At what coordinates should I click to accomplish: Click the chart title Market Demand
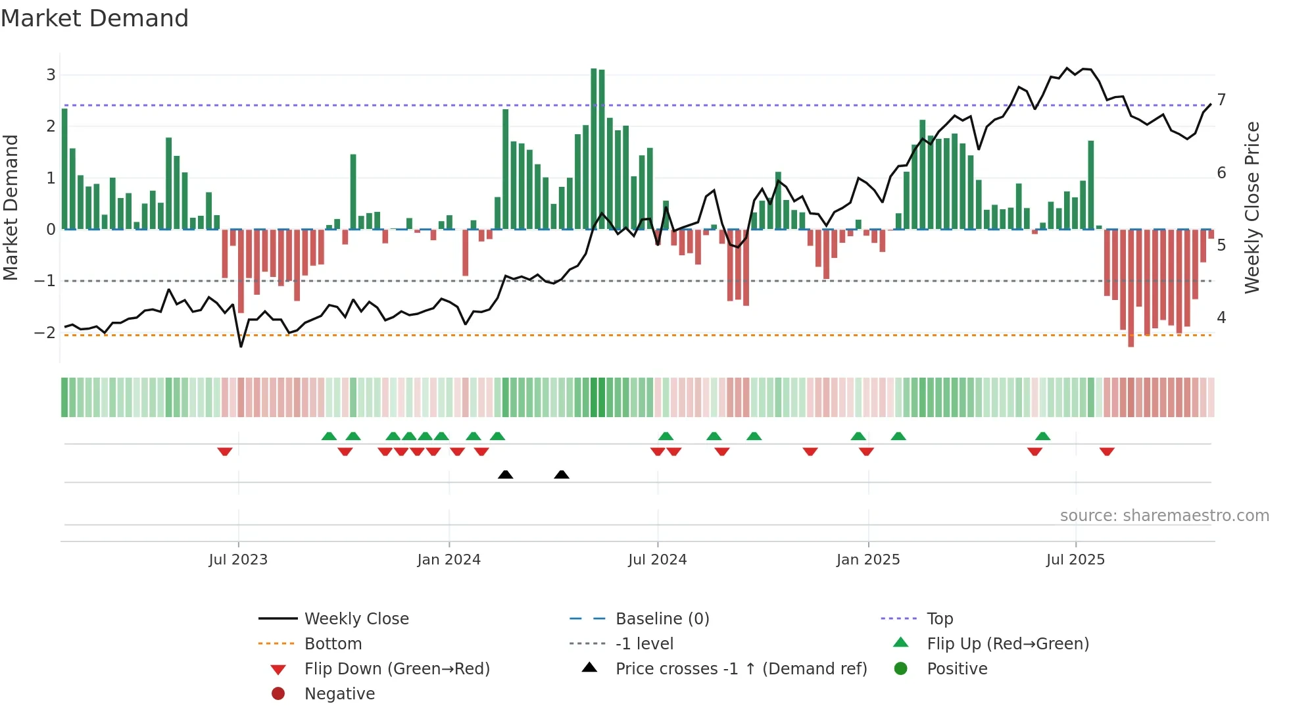95,18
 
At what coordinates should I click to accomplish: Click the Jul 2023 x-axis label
238,560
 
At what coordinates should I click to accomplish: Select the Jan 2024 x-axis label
449,560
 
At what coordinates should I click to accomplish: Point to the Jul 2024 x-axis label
657,560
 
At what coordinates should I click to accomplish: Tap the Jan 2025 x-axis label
868,560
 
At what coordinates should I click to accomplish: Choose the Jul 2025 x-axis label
1075,560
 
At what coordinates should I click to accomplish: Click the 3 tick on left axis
51,75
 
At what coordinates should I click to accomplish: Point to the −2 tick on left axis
45,333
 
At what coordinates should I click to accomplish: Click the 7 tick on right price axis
1221,100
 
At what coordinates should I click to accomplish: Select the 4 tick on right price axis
1221,318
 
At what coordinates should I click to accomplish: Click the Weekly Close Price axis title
1252,207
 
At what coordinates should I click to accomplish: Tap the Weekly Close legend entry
356,619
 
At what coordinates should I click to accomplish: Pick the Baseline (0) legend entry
662,619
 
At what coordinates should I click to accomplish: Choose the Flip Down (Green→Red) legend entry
397,669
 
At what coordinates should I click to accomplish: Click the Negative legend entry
339,694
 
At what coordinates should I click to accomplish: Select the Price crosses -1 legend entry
741,669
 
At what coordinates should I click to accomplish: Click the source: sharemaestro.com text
1164,516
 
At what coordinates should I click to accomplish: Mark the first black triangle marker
505,474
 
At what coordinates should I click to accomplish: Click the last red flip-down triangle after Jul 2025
1107,451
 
